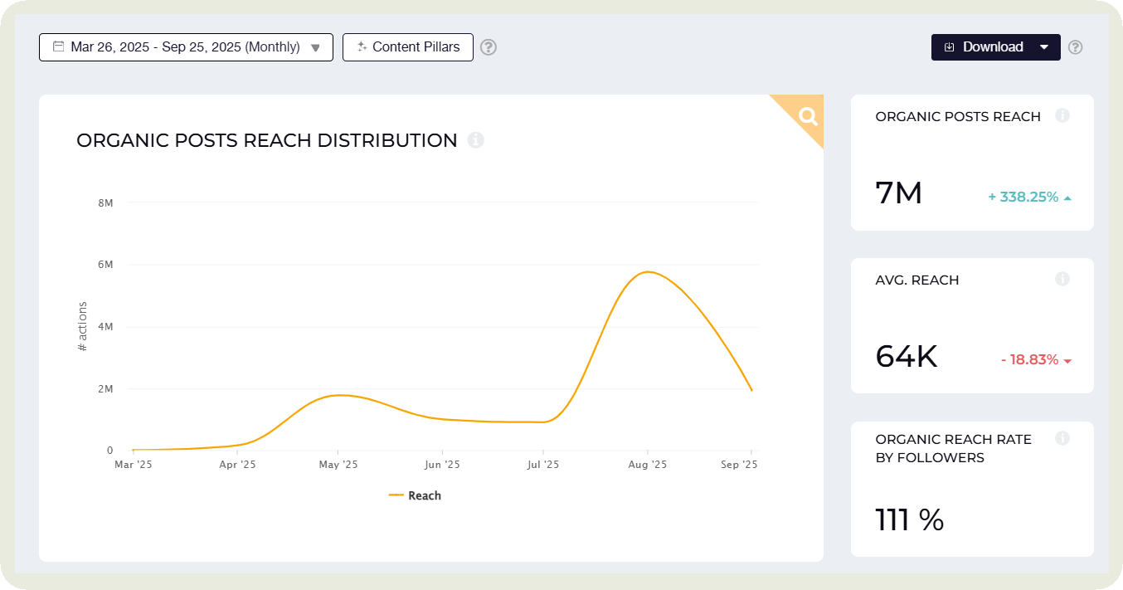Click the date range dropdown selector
click(x=186, y=47)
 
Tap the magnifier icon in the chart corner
click(x=808, y=116)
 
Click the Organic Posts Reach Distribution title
click(x=266, y=140)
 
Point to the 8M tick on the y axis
click(x=105, y=202)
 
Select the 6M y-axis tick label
click(x=105, y=265)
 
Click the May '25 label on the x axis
click(x=338, y=465)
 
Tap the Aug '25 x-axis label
click(x=648, y=465)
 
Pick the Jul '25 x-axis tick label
click(x=544, y=465)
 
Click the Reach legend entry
click(x=416, y=495)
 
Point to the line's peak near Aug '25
click(x=647, y=272)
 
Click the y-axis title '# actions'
click(x=82, y=326)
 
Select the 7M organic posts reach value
click(x=899, y=193)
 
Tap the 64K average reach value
click(x=907, y=357)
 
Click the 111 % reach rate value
click(x=910, y=520)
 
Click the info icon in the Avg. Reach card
click(x=1062, y=280)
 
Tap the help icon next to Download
click(x=1075, y=47)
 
